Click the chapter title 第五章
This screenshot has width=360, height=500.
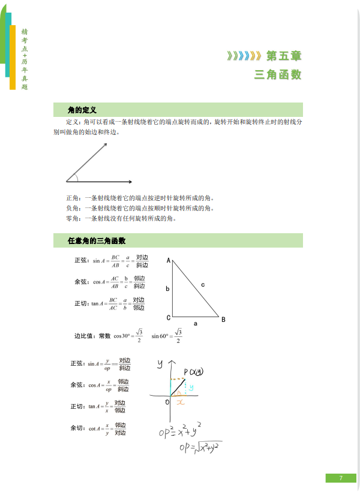[284, 56]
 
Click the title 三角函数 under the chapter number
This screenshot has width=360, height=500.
[278, 75]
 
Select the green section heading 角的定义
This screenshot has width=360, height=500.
[82, 110]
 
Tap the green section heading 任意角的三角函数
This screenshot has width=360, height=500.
[97, 241]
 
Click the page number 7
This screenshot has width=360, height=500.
[340, 478]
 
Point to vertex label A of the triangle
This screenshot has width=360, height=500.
[169, 260]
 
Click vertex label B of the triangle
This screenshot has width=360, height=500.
[223, 320]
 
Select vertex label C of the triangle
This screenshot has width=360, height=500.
[169, 318]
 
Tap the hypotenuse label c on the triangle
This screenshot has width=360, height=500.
[203, 285]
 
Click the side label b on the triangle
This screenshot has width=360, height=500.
[167, 289]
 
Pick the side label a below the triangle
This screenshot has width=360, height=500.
[195, 323]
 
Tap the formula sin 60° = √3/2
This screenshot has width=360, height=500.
[166, 336]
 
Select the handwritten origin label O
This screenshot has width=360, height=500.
[167, 402]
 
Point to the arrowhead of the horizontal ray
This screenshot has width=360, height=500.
[129, 181]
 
